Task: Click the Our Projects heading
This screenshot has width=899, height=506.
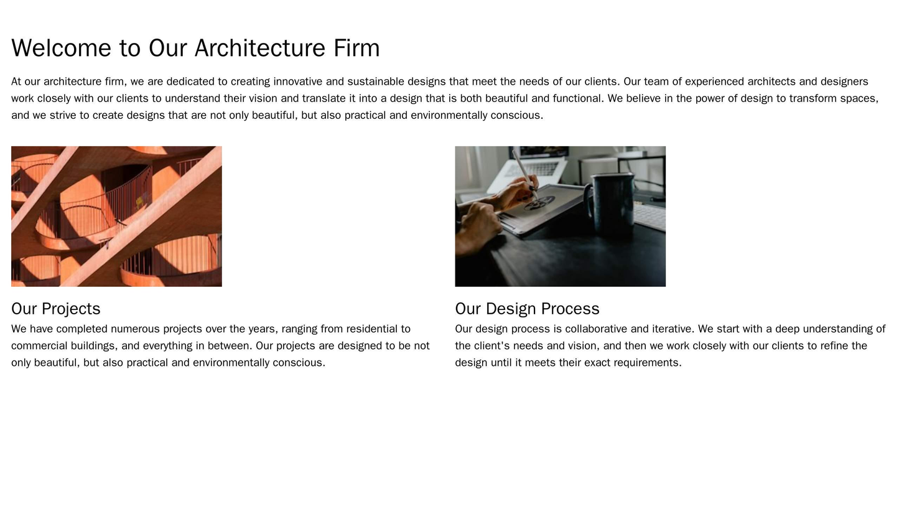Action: [x=56, y=309]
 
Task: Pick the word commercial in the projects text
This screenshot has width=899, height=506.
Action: [x=37, y=345]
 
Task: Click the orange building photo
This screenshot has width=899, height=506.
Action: [x=116, y=217]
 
